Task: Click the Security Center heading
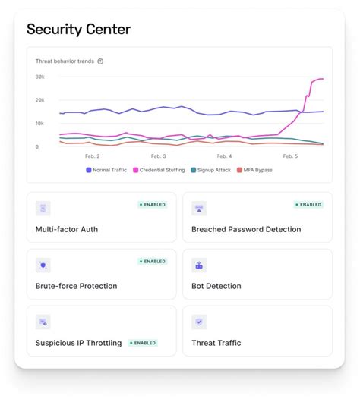(x=78, y=30)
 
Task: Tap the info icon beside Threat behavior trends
(x=100, y=61)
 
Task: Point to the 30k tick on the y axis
(x=40, y=77)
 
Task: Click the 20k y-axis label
(x=40, y=100)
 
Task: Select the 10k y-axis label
(x=40, y=124)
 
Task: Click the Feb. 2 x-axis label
(x=92, y=156)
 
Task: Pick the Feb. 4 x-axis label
(x=224, y=156)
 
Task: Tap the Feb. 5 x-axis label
(x=289, y=156)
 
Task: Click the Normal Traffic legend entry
(x=107, y=170)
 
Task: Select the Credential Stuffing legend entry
(x=161, y=170)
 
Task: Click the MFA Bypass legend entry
(x=256, y=170)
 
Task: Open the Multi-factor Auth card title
(x=67, y=229)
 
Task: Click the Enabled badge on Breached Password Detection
(x=308, y=205)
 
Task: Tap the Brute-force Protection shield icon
(x=43, y=265)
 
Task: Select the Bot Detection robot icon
(x=199, y=265)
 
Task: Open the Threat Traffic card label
(x=216, y=343)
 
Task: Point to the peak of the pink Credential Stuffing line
(x=320, y=79)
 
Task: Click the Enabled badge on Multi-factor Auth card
(x=152, y=205)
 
